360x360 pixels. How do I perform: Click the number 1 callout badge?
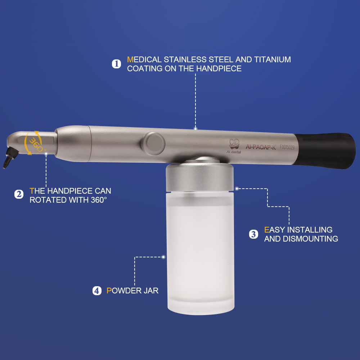[x=116, y=64]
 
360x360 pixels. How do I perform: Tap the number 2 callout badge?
[x=19, y=194]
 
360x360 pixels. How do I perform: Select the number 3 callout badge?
[x=253, y=234]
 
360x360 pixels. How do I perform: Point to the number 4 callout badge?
[x=97, y=291]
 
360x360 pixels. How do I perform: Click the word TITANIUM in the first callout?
[x=273, y=59]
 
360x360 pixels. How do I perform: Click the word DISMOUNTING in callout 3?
[x=310, y=239]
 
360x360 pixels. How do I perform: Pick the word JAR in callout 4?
[x=151, y=291]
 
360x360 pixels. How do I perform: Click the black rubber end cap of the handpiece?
[x=325, y=150]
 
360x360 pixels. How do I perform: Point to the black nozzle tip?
[x=10, y=158]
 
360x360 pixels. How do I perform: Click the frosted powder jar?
[x=200, y=253]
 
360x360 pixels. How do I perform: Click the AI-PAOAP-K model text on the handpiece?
[x=261, y=147]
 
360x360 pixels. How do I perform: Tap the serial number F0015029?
[x=287, y=147]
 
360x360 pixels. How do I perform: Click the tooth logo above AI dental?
[x=234, y=144]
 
